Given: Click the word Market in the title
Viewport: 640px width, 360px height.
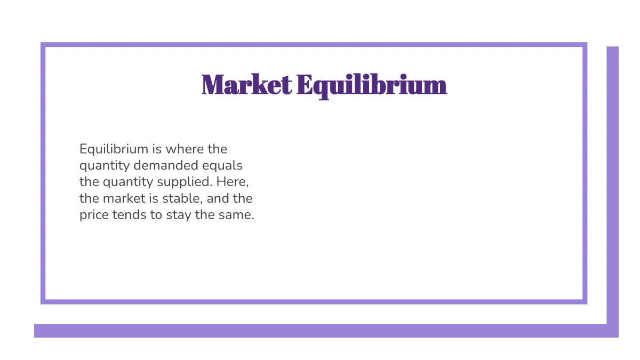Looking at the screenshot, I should tap(246, 85).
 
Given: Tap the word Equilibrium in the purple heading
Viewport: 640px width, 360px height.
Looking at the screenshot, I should tap(371, 85).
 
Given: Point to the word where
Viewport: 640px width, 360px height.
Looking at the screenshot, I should tap(183, 148).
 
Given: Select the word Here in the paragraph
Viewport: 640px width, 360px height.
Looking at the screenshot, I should tap(233, 182).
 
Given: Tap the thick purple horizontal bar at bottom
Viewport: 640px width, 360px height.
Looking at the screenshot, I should tap(320, 331).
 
